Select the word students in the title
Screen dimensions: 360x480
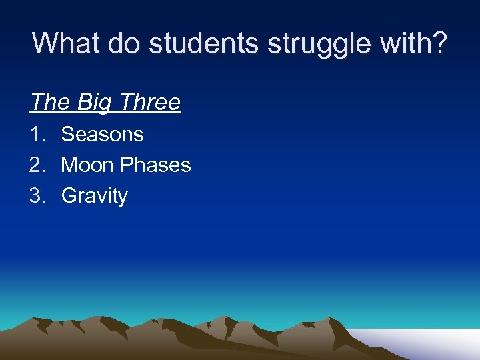tap(204, 43)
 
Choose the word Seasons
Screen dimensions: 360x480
tap(102, 134)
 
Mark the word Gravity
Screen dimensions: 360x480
tap(94, 196)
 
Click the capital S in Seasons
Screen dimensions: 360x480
tap(67, 134)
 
